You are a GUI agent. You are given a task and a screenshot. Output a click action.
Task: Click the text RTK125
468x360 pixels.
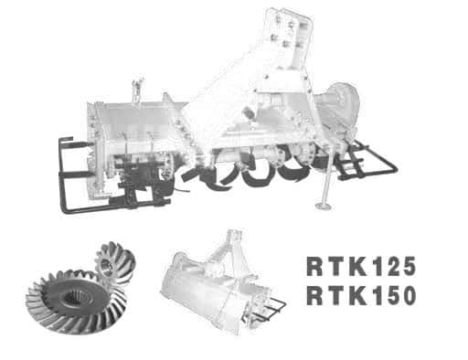(x=361, y=267)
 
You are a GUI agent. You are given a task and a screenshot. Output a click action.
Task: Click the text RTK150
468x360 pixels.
(x=361, y=295)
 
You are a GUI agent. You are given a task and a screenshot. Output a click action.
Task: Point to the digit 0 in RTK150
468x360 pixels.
(x=409, y=295)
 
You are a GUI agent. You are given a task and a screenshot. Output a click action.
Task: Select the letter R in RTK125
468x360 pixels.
(x=314, y=267)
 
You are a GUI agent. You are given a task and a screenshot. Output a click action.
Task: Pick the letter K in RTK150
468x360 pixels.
(x=357, y=296)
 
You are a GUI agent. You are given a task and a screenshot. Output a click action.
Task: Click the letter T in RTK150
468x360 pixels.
(x=335, y=296)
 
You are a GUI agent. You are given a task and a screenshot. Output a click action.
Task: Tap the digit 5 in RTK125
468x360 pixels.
(x=408, y=267)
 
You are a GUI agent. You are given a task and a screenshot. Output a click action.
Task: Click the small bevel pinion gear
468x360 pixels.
(x=114, y=263)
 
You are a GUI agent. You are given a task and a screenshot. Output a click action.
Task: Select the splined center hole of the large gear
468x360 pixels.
(x=74, y=298)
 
